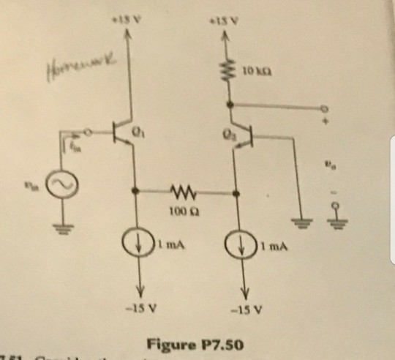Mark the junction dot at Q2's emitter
click(235, 194)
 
